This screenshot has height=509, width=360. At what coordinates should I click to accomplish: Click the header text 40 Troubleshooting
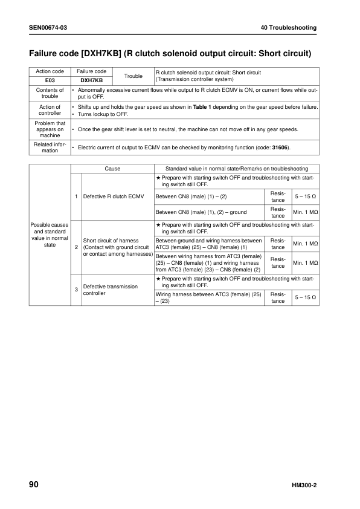pyautogui.click(x=289, y=28)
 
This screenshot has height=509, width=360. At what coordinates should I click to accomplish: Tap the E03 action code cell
pyautogui.click(x=50, y=80)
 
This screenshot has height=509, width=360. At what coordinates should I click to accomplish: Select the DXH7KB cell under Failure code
pyautogui.click(x=92, y=80)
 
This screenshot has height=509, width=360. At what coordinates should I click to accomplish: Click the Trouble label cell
pyautogui.click(x=133, y=76)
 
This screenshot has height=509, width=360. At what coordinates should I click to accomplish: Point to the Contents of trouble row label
pyautogui.click(x=50, y=92)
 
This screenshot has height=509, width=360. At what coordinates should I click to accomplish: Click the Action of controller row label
pyautogui.click(x=50, y=110)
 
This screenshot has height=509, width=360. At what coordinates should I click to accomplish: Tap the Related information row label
pyautogui.click(x=50, y=148)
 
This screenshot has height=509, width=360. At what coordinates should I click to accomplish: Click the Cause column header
pyautogui.click(x=112, y=169)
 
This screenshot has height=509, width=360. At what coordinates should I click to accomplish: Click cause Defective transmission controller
pyautogui.click(x=111, y=290)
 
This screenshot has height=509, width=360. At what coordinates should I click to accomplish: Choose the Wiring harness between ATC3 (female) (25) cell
pyautogui.click(x=208, y=296)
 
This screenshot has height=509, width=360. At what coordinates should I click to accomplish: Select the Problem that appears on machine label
pyautogui.click(x=50, y=129)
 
